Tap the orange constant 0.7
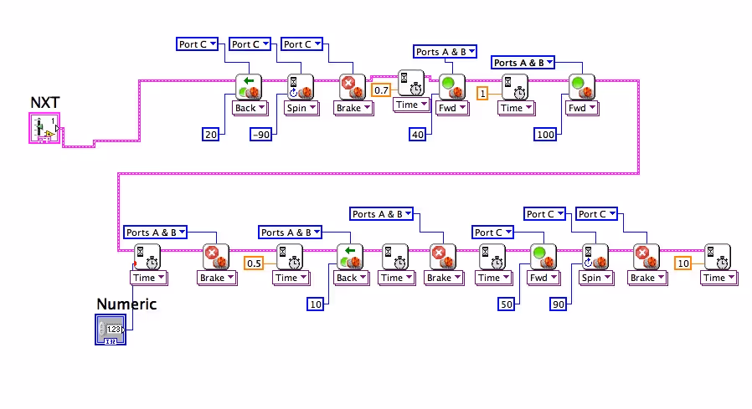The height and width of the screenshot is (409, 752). [382, 89]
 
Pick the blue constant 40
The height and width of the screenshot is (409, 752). [418, 134]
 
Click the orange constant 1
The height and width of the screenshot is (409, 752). [482, 94]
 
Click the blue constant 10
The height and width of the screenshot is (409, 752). [315, 304]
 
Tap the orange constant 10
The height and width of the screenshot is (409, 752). [683, 263]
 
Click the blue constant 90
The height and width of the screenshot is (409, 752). [559, 304]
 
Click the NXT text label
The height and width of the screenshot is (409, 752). [44, 104]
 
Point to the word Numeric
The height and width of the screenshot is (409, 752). [126, 304]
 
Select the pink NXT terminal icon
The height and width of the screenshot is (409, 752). [44, 130]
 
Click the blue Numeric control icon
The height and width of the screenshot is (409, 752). [110, 330]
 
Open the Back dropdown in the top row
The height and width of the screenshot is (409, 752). [250, 108]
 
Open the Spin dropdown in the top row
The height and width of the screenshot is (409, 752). [301, 108]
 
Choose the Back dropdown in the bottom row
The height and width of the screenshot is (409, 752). [351, 278]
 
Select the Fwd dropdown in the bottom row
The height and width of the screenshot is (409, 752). [543, 278]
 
